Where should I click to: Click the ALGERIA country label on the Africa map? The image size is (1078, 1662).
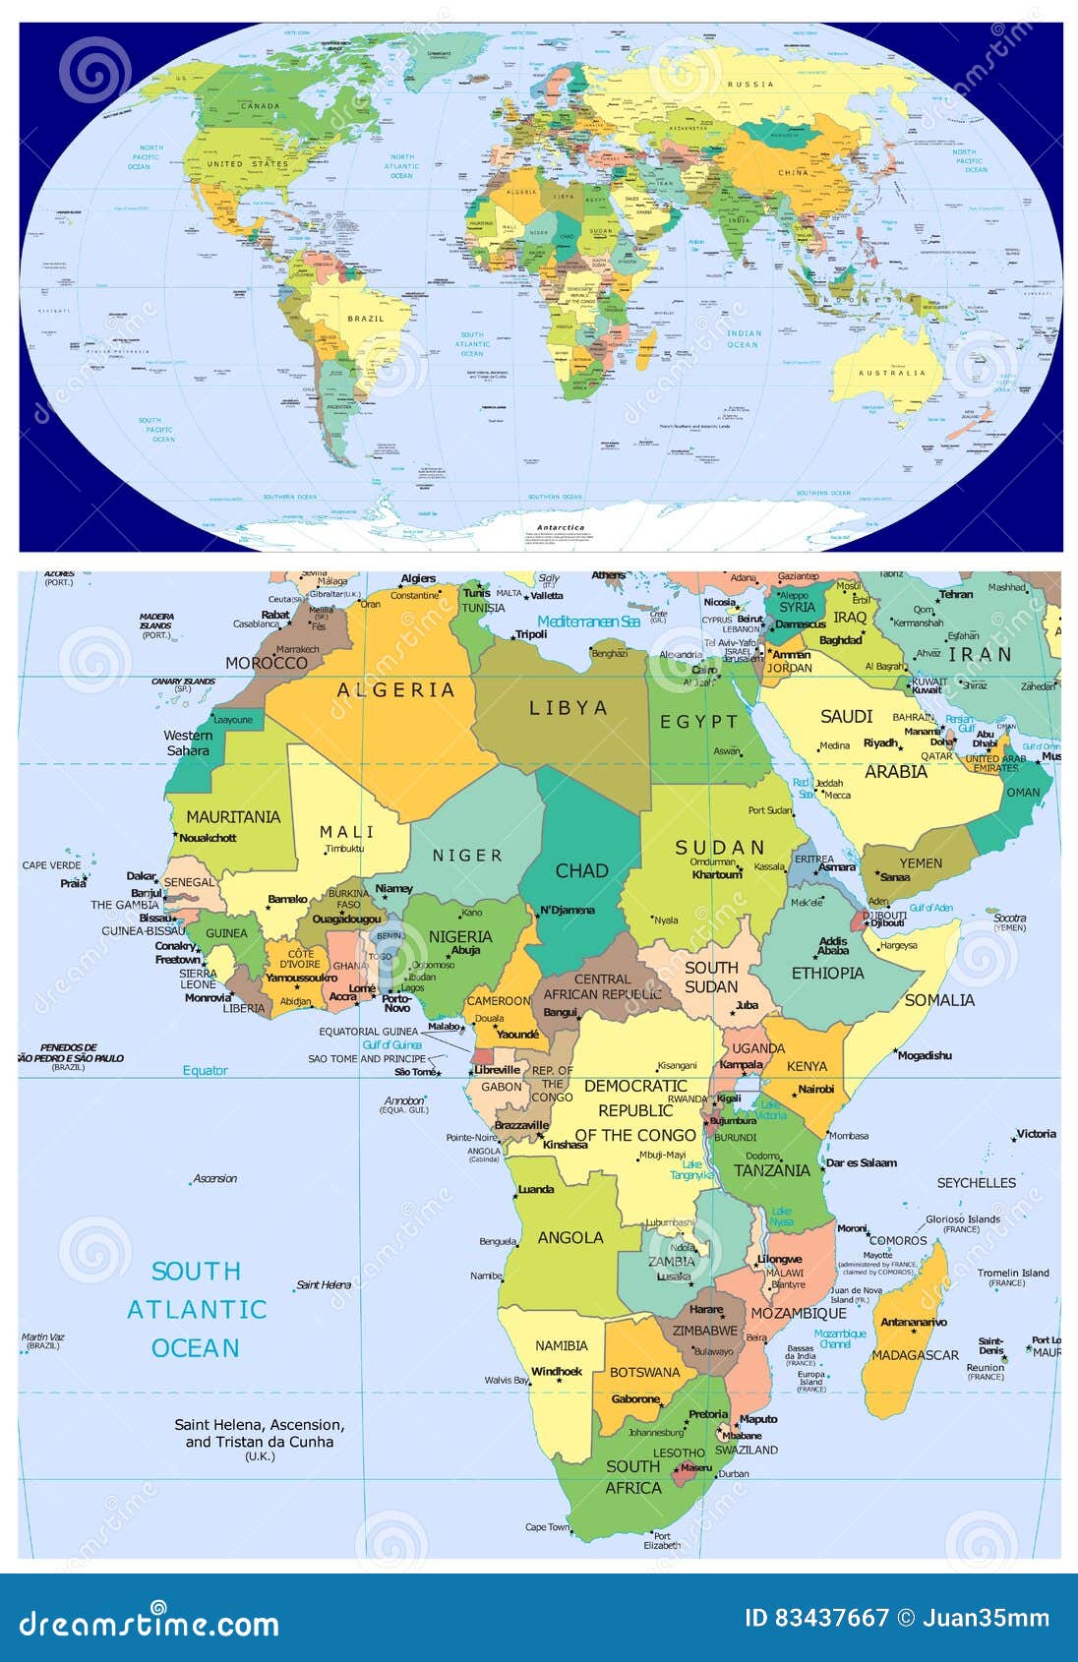point(395,690)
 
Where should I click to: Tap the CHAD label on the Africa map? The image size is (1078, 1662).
point(581,871)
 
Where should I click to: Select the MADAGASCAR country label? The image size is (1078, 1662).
point(915,1355)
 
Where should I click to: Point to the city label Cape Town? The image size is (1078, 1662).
point(547,1527)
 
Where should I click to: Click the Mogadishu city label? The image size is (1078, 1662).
point(925,1055)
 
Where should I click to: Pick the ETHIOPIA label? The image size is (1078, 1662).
point(827,974)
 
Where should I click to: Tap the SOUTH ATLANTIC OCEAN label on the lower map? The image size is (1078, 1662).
point(197,1309)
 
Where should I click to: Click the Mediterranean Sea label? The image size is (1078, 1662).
point(588,622)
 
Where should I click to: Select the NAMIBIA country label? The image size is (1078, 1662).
point(561,1345)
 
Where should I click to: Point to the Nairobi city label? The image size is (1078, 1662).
point(816,1089)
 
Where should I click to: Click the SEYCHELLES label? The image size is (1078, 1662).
point(976,1183)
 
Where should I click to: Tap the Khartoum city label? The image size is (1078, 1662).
point(716,874)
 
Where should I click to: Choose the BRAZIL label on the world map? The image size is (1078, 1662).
point(366,319)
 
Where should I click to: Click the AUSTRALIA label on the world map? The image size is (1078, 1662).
point(892,373)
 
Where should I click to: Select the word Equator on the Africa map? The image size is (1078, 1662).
point(205,1070)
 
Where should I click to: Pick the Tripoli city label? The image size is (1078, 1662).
point(531,634)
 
